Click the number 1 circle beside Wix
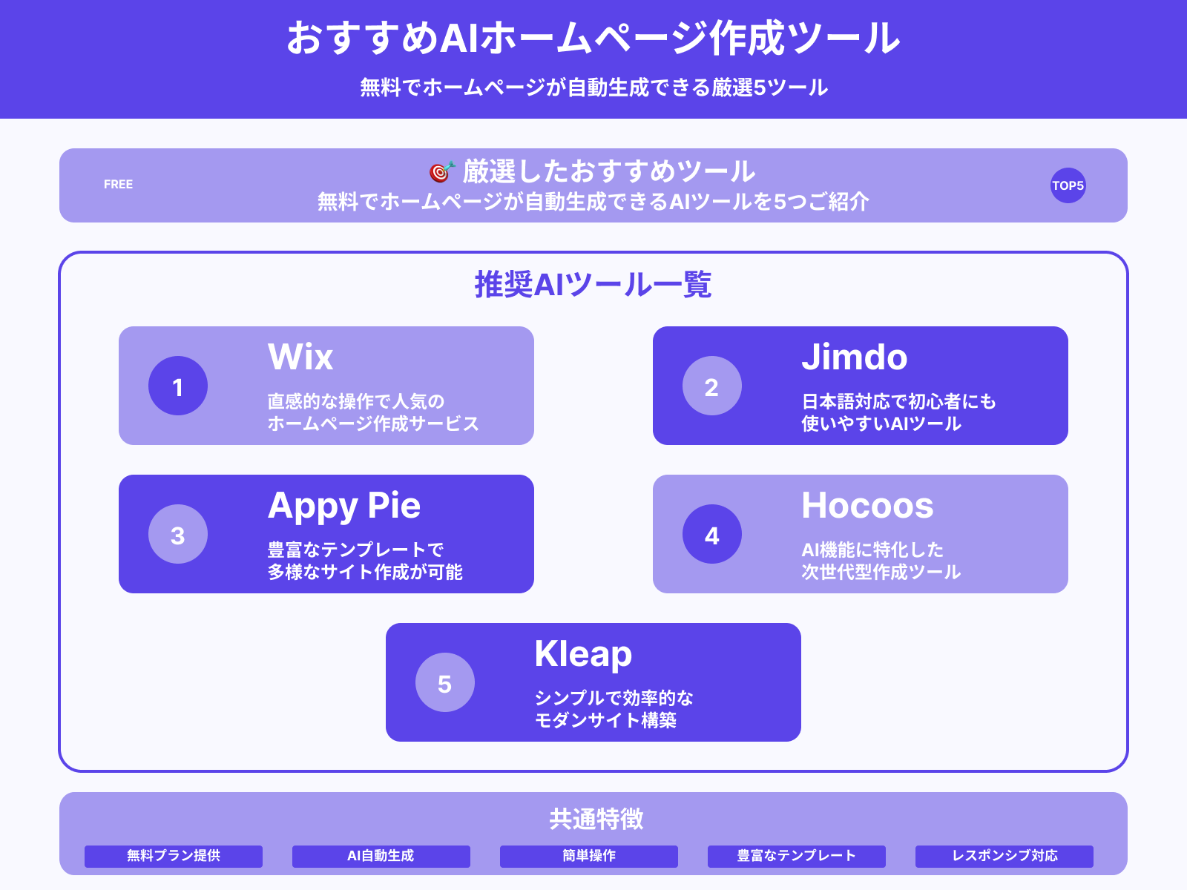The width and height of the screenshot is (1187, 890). click(178, 386)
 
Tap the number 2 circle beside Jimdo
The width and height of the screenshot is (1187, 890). click(712, 386)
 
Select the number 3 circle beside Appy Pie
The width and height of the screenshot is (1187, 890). click(178, 534)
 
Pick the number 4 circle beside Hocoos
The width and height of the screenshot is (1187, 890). click(712, 534)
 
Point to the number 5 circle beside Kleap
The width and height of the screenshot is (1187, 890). click(445, 682)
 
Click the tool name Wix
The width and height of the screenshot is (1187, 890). click(300, 357)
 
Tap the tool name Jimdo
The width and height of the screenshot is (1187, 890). click(854, 357)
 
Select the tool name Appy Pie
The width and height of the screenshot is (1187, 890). click(344, 506)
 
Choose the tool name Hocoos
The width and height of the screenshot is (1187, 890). click(867, 506)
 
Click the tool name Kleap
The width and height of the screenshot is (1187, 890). click(583, 654)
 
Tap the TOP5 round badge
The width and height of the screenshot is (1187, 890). click(1068, 185)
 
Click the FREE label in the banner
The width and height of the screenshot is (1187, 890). click(119, 185)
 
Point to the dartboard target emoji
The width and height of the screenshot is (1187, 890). click(441, 172)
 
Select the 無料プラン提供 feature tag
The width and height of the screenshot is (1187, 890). click(174, 856)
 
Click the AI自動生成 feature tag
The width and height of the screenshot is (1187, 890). click(381, 856)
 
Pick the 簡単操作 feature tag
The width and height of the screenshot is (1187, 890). click(589, 856)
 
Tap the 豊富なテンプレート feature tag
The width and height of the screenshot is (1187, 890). click(797, 856)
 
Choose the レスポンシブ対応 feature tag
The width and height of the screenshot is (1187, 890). click(1004, 856)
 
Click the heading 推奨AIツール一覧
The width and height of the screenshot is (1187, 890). click(593, 285)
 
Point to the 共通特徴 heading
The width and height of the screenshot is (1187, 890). click(596, 819)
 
